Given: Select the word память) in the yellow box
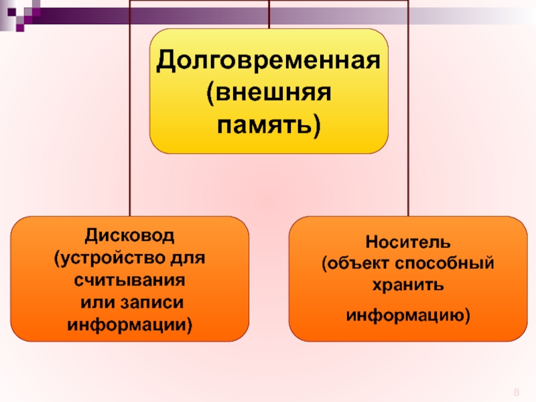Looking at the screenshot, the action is pyautogui.click(x=269, y=125).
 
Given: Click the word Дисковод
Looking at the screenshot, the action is pyautogui.click(x=129, y=235).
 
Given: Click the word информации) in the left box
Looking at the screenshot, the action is pyautogui.click(x=129, y=325).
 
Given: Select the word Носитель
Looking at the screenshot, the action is pyautogui.click(x=408, y=239).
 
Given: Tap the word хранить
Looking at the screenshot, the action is pyautogui.click(x=408, y=285).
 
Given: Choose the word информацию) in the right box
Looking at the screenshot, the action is pyautogui.click(x=408, y=314).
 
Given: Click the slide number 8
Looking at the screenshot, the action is pyautogui.click(x=517, y=392).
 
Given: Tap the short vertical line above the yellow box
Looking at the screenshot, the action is pyautogui.click(x=269, y=13).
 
